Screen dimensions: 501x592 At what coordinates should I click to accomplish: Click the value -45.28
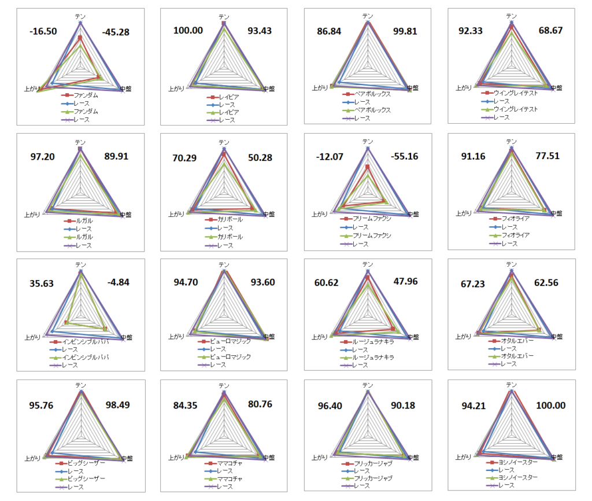tap(116, 32)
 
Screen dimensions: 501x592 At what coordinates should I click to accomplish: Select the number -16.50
tap(43, 30)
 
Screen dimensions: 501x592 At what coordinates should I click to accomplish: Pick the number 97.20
tap(43, 157)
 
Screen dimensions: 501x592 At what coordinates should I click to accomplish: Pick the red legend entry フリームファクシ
tap(372, 219)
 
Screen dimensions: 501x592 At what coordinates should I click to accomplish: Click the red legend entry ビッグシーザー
tap(87, 463)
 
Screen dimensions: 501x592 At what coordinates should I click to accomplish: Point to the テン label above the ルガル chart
tap(80, 142)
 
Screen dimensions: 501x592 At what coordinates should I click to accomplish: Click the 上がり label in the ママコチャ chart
tap(176, 458)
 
